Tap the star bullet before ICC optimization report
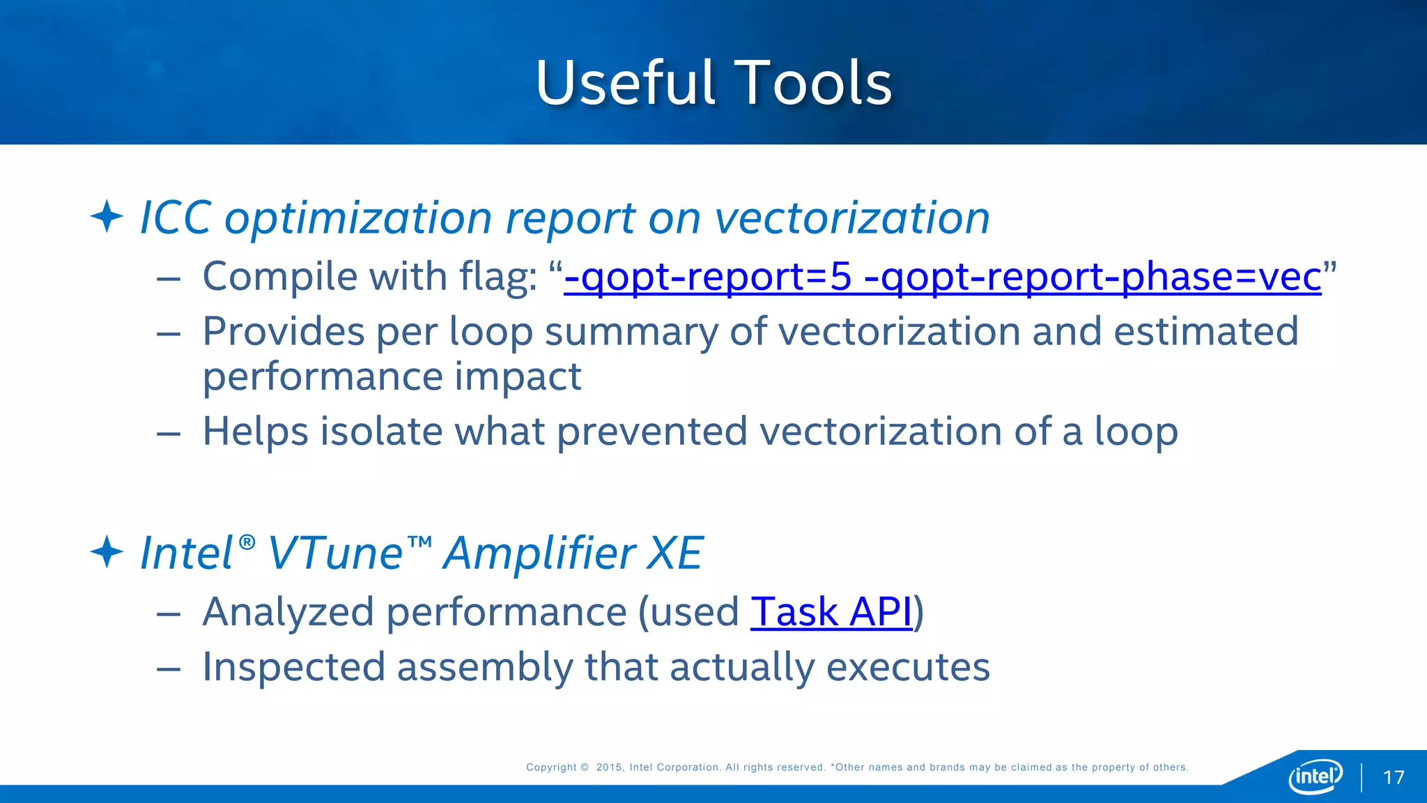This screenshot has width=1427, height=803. pos(107,216)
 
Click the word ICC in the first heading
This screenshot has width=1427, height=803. pos(176,217)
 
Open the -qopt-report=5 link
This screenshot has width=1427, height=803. pos(707,276)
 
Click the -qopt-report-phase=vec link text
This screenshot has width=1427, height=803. pos(1092,276)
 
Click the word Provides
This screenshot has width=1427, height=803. pos(283,331)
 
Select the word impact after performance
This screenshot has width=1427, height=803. pos(518,376)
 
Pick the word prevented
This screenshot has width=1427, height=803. pos(652,431)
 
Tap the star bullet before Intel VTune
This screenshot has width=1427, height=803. pos(107,552)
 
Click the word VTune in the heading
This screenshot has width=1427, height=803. pos(335,553)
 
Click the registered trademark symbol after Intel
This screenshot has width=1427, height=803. pos(247,542)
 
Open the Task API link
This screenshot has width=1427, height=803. pos(831,612)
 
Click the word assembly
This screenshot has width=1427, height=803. pos(484,666)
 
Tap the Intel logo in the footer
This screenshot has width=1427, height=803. pos(1315,776)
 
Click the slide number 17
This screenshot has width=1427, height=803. pos(1394,777)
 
